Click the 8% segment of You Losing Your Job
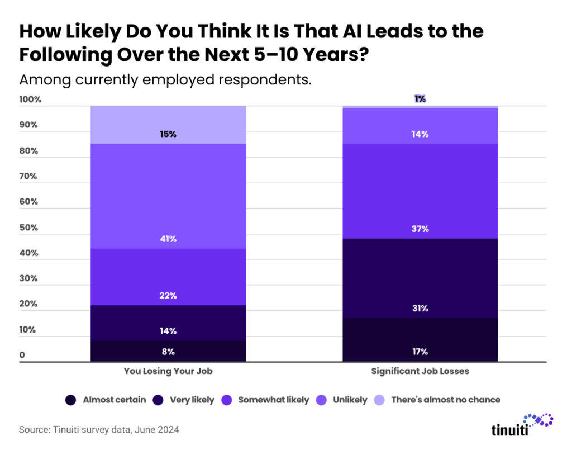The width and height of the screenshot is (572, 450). click(x=168, y=352)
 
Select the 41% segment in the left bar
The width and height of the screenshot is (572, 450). click(x=168, y=196)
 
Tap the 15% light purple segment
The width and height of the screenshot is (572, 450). click(x=168, y=125)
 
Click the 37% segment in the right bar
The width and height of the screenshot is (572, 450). click(x=420, y=191)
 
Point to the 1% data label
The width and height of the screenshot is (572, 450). click(x=420, y=99)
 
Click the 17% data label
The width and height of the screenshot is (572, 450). click(x=420, y=352)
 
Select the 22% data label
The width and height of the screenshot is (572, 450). click(x=168, y=296)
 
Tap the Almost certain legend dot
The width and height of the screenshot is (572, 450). click(x=71, y=400)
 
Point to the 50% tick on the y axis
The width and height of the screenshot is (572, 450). click(x=28, y=228)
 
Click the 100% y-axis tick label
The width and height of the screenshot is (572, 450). click(x=30, y=100)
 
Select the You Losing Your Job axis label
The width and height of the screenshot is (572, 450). click(x=168, y=371)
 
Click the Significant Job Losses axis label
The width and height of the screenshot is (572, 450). click(x=420, y=371)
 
